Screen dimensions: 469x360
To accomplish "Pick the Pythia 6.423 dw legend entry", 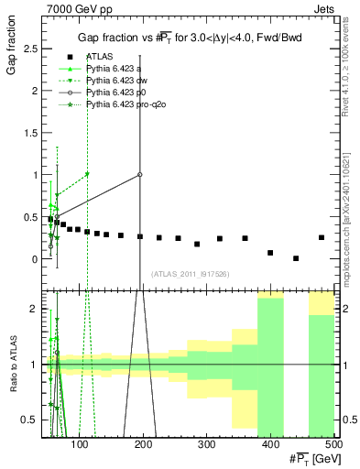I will coord(115,81).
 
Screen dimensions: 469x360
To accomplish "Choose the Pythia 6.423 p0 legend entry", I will coord(114,93).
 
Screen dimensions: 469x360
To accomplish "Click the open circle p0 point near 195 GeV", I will coord(140,174).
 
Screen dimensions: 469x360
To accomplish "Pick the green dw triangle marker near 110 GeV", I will coord(87,174).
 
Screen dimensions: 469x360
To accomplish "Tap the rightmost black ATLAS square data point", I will coord(322,237).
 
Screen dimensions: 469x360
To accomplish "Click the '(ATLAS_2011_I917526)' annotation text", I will coord(189,274).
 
